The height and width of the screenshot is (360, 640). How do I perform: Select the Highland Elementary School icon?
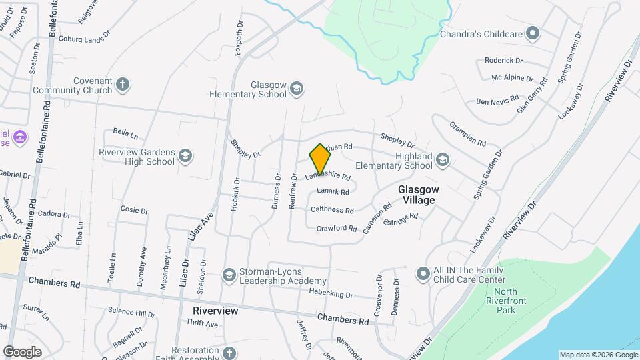coord(443,159)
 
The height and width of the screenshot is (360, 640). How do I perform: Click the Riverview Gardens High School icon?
coord(185,156)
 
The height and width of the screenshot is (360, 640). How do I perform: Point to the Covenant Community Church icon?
coord(122,85)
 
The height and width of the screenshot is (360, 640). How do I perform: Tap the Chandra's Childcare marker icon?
coord(532,33)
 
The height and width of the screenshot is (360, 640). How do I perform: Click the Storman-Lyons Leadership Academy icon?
coord(229,275)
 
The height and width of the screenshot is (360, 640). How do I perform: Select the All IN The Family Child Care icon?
coord(422,273)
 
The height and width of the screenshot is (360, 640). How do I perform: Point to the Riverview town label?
coord(215,311)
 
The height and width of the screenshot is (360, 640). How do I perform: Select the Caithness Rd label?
coord(332,210)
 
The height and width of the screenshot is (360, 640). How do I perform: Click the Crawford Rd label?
coord(337,228)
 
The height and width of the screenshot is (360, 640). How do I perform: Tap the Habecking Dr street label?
coord(331,294)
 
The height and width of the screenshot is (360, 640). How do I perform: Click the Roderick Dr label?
coord(504,60)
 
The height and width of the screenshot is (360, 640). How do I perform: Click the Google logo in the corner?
coord(22,351)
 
